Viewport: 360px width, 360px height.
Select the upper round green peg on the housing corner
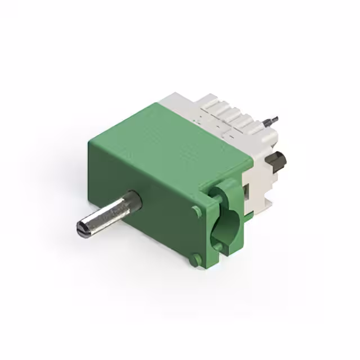(196, 211)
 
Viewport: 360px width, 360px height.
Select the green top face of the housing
(169, 135)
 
